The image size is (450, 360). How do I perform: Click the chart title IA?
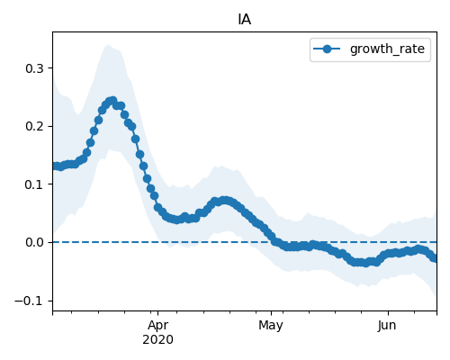[x=245, y=20]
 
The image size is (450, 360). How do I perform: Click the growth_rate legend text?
[x=387, y=49]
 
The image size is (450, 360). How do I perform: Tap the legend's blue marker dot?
[x=327, y=49]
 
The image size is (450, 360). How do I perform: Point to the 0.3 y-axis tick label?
[x=34, y=68]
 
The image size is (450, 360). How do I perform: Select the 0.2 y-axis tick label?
[x=34, y=126]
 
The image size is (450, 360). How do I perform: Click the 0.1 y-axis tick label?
[x=34, y=184]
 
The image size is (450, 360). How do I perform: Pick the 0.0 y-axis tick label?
[x=34, y=242]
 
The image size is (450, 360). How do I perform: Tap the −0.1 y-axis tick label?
[x=29, y=301]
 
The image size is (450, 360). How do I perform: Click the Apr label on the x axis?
[x=157, y=326]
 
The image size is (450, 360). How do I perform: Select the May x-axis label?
[x=271, y=326]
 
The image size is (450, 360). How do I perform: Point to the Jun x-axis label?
[x=387, y=326]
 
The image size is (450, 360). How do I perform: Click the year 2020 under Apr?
[x=157, y=340]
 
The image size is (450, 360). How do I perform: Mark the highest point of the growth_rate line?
[x=113, y=100]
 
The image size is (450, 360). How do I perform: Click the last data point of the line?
[x=435, y=258]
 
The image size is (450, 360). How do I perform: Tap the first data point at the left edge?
[x=55, y=166]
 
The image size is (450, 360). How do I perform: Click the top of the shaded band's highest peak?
[x=108, y=45]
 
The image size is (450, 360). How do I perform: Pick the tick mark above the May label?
[x=272, y=313]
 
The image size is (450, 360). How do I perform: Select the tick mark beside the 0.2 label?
[x=50, y=126]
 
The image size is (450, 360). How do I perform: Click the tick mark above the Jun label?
[x=388, y=313]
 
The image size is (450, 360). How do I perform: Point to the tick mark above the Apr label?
[x=158, y=313]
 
